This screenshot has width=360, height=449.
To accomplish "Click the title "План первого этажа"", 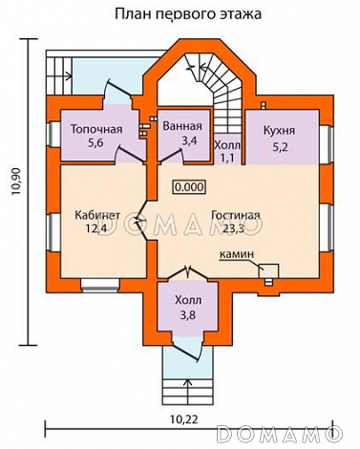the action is click(188, 14).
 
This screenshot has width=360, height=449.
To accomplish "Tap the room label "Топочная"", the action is click(96, 129).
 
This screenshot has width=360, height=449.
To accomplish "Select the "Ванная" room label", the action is click(182, 126).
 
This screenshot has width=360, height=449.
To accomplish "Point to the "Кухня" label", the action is click(279, 131).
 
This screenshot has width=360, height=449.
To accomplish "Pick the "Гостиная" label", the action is click(236, 215).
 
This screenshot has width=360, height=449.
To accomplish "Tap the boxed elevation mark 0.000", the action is click(188, 187).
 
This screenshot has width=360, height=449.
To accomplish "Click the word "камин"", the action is click(237, 254).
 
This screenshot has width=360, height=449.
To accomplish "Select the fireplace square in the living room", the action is click(268, 270).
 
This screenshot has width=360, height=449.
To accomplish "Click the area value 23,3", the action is click(233, 228).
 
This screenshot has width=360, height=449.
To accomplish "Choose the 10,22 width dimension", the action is click(183, 419).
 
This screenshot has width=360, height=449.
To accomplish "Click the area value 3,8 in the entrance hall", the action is click(188, 315).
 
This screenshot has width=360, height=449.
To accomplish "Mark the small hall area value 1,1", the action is click(227, 158).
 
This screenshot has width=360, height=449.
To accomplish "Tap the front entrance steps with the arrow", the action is click(187, 392).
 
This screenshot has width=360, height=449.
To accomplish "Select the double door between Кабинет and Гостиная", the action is click(140, 221).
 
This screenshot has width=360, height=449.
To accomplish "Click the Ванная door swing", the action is click(171, 157).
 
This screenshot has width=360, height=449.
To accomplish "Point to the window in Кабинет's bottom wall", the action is click(100, 286).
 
